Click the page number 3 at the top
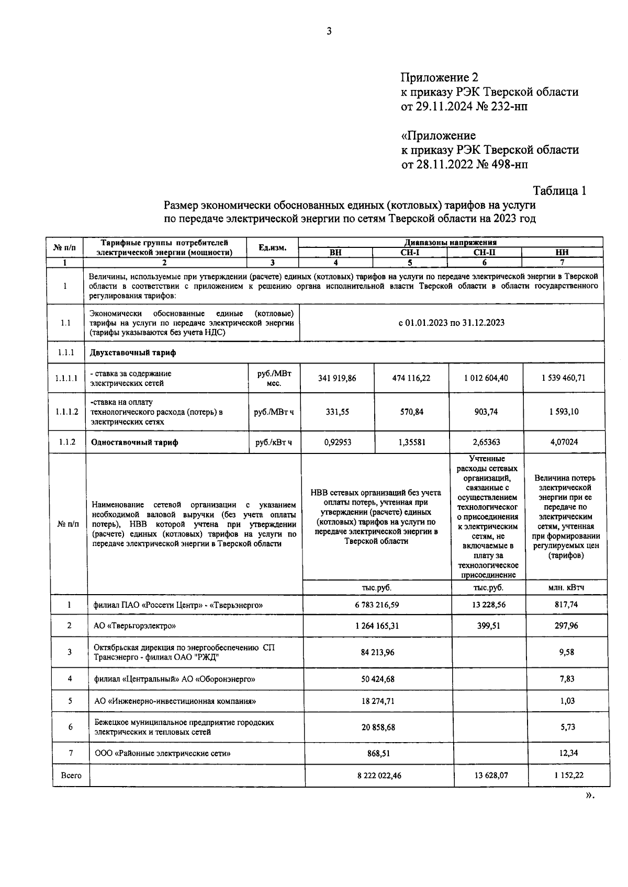(x=329, y=31)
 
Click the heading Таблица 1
(x=559, y=191)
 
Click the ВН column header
(x=335, y=252)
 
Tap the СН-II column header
(x=484, y=252)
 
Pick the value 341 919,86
(x=337, y=378)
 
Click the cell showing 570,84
(x=411, y=412)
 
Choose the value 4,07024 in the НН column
(x=564, y=442)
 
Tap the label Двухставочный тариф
(x=133, y=352)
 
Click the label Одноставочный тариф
(x=134, y=442)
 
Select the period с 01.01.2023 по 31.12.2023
(x=451, y=323)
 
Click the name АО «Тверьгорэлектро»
(x=134, y=626)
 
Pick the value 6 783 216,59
(x=377, y=605)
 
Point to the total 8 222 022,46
(x=379, y=776)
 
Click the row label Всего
(x=71, y=776)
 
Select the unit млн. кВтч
(x=566, y=587)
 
